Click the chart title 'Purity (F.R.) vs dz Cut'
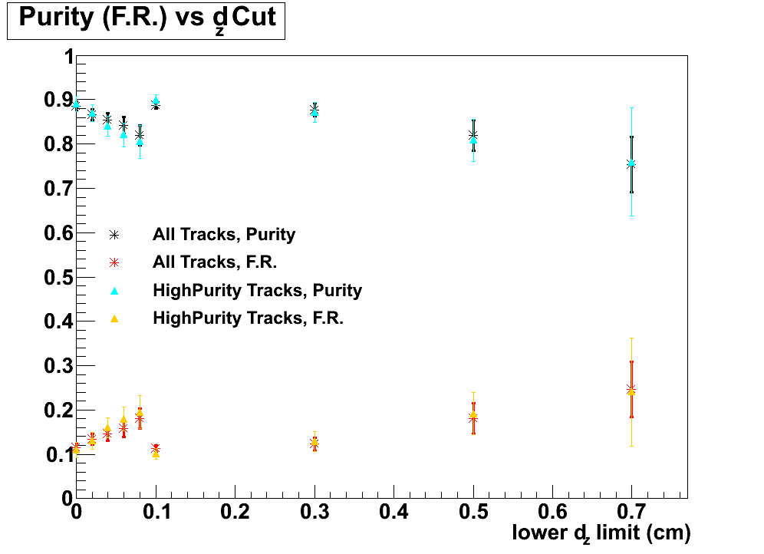click(146, 19)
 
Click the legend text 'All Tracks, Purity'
click(224, 234)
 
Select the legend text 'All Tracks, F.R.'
click(215, 262)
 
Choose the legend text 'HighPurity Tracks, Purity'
click(257, 290)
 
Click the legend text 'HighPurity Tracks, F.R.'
click(248, 318)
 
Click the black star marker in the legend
click(114, 235)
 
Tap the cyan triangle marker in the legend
click(114, 291)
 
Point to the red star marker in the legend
click(114, 262)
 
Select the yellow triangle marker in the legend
click(114, 318)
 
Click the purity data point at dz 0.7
click(631, 163)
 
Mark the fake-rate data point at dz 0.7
click(631, 390)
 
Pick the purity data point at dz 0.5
click(473, 137)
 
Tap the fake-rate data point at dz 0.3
click(314, 444)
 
